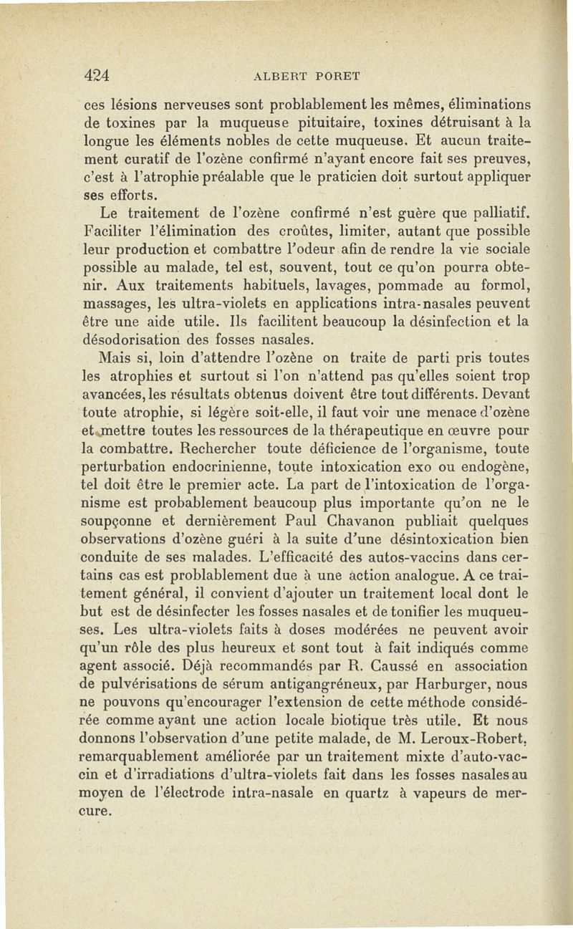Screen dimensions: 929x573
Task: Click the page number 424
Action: click(x=96, y=75)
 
